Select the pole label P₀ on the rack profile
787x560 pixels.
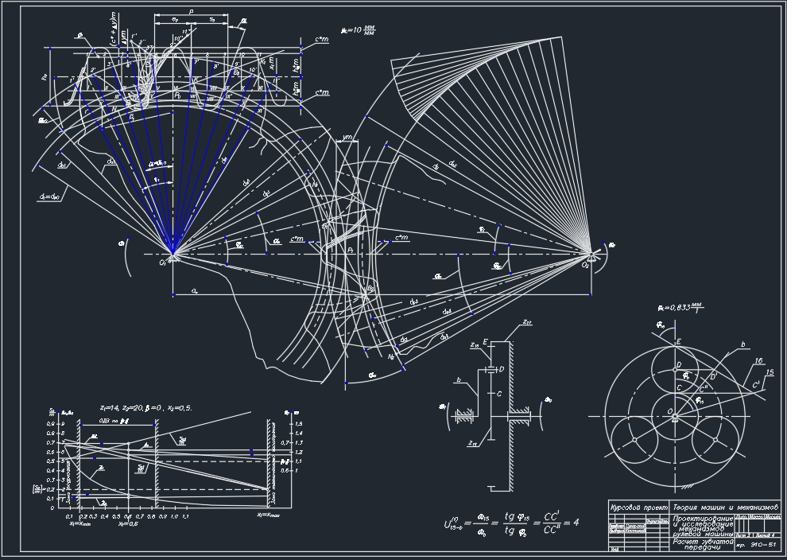(x=178, y=95)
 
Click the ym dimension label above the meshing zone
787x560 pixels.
(x=346, y=138)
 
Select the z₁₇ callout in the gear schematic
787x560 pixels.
(x=526, y=321)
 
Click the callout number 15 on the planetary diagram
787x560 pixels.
(x=769, y=372)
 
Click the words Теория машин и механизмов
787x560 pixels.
(x=725, y=507)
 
